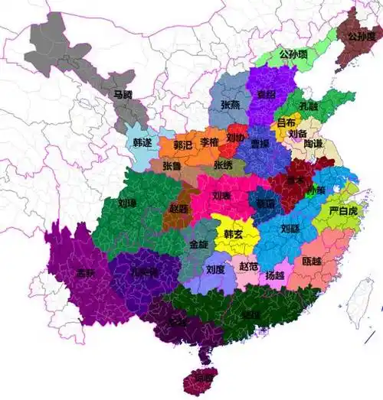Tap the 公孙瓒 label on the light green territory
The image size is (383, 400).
[293, 54]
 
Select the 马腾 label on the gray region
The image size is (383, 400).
[123, 95]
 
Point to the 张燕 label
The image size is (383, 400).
[231, 105]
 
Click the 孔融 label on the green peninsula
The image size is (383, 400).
[309, 106]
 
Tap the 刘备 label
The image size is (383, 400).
[297, 133]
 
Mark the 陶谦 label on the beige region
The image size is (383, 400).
[313, 143]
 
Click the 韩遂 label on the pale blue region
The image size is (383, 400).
[142, 143]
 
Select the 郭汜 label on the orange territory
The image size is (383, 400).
[183, 144]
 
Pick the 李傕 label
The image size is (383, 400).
[209, 142]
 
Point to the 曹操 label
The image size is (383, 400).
[260, 143]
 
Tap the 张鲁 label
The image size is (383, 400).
[172, 164]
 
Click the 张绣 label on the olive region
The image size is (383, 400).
[223, 164]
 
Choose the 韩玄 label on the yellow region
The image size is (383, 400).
[234, 233]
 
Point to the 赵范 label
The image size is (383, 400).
[249, 267]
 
